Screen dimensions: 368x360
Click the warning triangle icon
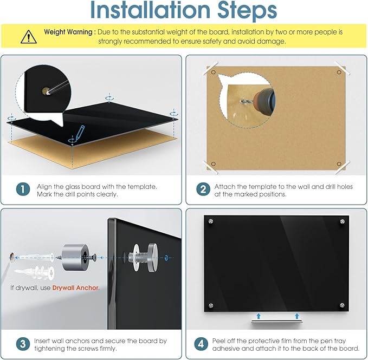28,37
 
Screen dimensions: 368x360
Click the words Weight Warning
68,32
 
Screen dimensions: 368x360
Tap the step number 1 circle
23,189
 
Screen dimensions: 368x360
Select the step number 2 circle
203,189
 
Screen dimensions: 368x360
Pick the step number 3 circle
23,344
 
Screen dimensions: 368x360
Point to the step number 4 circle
201,344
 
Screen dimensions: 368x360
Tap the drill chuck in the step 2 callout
264,101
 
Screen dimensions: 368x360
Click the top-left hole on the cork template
214,72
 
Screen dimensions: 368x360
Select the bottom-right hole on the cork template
339,163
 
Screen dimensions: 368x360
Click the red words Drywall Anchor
76,288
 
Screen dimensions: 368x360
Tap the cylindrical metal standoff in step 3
75,257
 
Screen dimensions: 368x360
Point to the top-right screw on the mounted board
343,221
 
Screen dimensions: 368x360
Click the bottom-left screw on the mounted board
211,305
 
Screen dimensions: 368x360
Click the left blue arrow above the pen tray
259,316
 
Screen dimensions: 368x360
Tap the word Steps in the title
247,10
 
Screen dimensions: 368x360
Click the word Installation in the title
150,10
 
